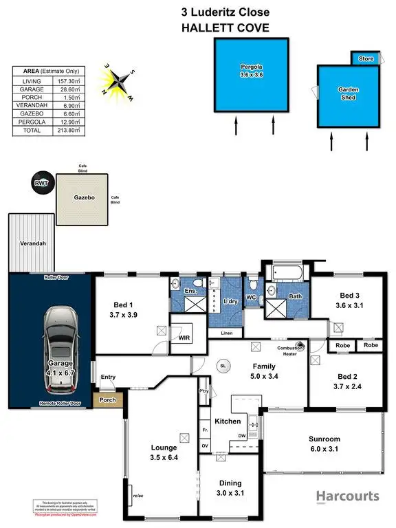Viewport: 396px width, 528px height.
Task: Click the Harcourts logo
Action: tap(346, 496)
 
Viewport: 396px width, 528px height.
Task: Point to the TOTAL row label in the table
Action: tap(31, 129)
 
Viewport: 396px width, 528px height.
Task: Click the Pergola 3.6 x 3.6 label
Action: tap(250, 71)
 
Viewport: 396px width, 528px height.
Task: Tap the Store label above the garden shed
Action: tap(366, 59)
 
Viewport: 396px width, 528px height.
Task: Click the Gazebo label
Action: tap(82, 197)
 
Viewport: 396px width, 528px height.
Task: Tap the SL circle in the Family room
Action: tap(223, 366)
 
